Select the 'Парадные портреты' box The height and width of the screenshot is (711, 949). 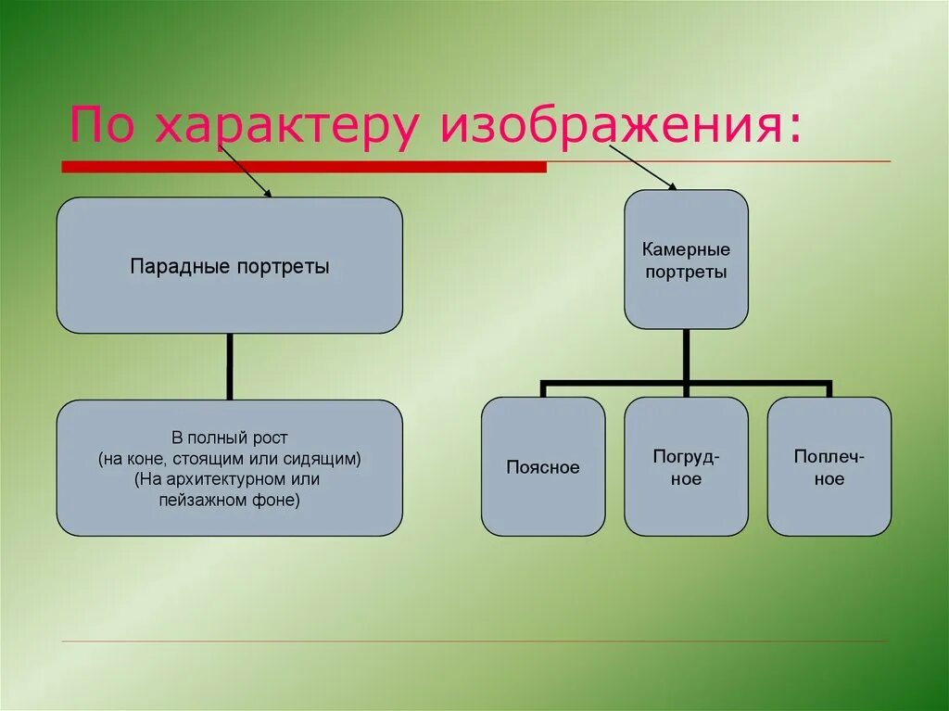pyautogui.click(x=229, y=266)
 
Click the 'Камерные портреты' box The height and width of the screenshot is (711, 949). pyautogui.click(x=686, y=260)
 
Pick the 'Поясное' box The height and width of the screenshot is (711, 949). pyautogui.click(x=543, y=467)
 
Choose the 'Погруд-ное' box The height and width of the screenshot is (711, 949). pyautogui.click(x=686, y=467)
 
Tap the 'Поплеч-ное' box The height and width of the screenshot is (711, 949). pyautogui.click(x=829, y=467)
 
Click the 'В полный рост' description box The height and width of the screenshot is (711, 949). pyautogui.click(x=229, y=468)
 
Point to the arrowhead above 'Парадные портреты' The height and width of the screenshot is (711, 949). pyautogui.click(x=268, y=194)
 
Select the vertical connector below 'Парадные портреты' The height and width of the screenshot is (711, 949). pyautogui.click(x=229, y=366)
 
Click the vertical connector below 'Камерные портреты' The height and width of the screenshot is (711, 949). pyautogui.click(x=686, y=355)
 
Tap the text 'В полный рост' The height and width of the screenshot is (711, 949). pyautogui.click(x=229, y=437)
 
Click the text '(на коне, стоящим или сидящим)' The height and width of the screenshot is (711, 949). pyautogui.click(x=229, y=458)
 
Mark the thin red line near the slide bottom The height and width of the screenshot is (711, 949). pyautogui.click(x=473, y=641)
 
